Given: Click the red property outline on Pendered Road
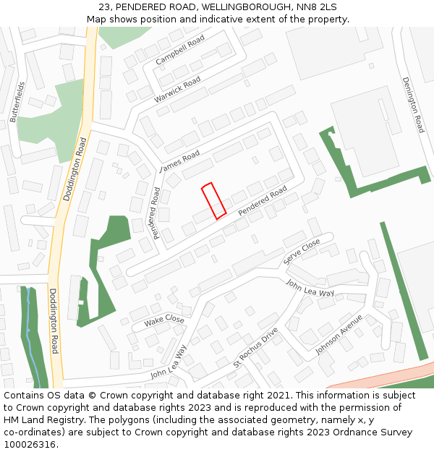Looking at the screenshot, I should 213,200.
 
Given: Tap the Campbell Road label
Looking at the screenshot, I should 180,50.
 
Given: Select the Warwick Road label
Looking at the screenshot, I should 177,90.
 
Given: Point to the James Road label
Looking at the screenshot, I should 179,161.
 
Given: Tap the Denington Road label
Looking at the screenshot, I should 413,105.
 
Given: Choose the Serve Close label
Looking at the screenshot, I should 302,251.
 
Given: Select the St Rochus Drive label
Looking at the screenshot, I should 255,347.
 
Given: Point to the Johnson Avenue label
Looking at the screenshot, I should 339,333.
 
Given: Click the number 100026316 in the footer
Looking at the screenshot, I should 30,444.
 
